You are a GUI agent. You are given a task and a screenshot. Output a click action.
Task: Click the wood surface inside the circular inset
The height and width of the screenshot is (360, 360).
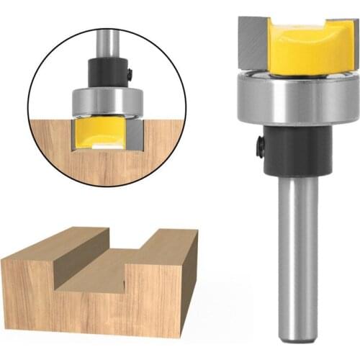click(65, 155)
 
